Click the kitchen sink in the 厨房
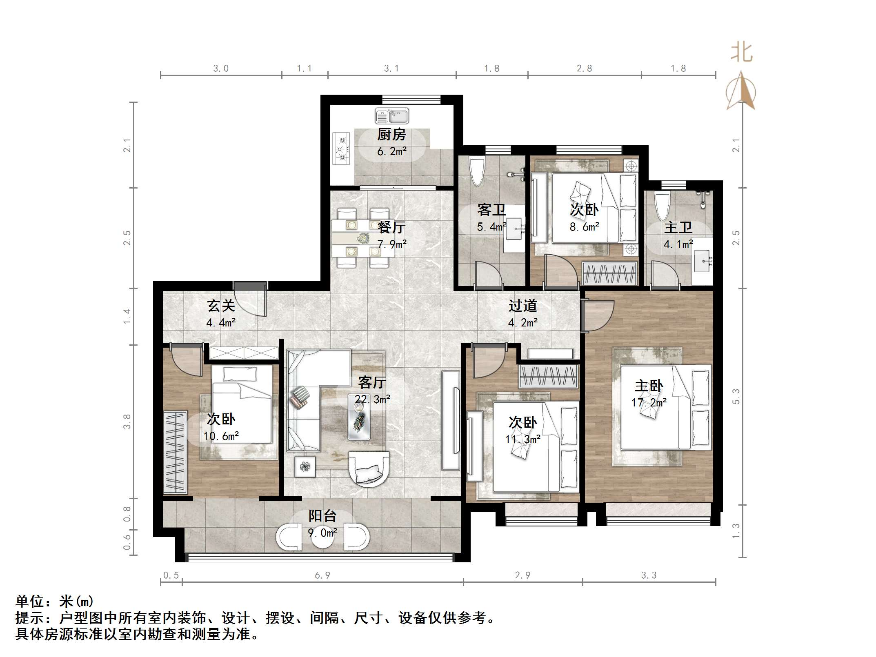(391, 116)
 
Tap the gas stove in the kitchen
(341, 149)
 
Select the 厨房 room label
(391, 135)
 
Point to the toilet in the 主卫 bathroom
(662, 206)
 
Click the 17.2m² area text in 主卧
(649, 403)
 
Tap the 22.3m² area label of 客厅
(372, 399)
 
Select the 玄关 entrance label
(221, 306)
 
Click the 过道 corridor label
(522, 306)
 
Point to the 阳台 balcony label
(322, 516)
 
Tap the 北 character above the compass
(741, 53)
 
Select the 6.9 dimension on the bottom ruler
(322, 575)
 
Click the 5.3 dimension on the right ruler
(736, 396)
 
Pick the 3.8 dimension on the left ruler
(127, 421)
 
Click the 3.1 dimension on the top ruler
(391, 69)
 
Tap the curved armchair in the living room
(369, 468)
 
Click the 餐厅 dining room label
(391, 227)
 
